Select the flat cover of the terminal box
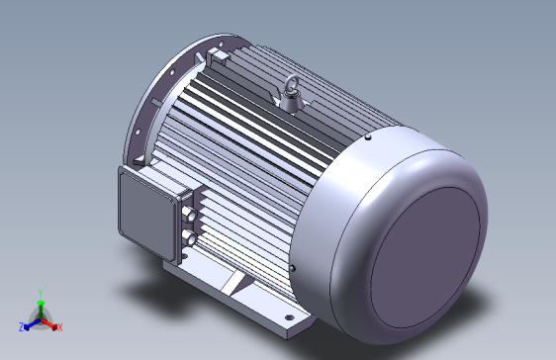coord(146,215)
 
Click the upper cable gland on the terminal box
coord(190,214)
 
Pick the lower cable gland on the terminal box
coord(190,236)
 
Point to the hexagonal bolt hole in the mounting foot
coord(289,317)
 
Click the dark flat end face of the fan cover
coord(424,257)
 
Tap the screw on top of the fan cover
coord(368,136)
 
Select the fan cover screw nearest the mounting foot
coord(293,269)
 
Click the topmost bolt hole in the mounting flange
coord(221,45)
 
